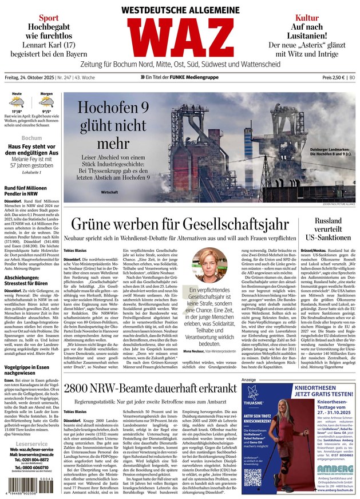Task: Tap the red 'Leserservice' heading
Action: click(x=31, y=443)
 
